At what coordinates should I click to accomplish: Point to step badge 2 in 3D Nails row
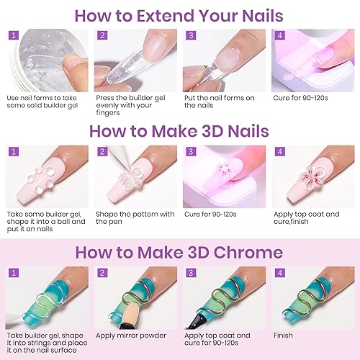click(103, 153)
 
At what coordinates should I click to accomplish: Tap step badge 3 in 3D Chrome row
click(192, 274)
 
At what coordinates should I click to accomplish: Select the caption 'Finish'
click(283, 335)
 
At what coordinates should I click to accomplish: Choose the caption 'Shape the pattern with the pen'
click(136, 218)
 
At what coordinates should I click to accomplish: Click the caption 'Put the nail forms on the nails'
click(217, 101)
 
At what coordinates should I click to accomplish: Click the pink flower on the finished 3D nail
click(311, 175)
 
